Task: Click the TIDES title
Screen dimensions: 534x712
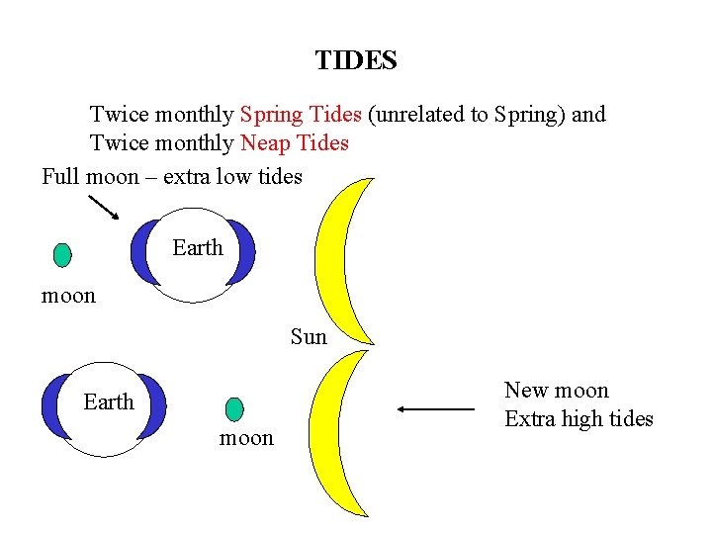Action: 356,61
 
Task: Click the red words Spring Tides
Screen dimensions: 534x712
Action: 301,114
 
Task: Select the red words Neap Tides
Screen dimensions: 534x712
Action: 295,143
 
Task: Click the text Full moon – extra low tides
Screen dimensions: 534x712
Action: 171,177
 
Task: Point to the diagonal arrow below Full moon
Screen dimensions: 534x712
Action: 103,208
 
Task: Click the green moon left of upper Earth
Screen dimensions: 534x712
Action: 62,255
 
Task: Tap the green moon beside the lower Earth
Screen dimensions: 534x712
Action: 233,408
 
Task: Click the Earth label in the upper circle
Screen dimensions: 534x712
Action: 198,247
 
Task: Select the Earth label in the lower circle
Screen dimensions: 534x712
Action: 108,401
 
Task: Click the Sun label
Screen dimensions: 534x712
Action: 309,337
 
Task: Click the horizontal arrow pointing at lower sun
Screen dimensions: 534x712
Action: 435,408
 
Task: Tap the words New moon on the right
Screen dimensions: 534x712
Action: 556,391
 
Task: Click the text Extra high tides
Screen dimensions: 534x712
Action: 578,419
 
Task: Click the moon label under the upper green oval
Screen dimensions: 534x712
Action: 68,296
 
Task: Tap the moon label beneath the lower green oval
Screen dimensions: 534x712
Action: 246,438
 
